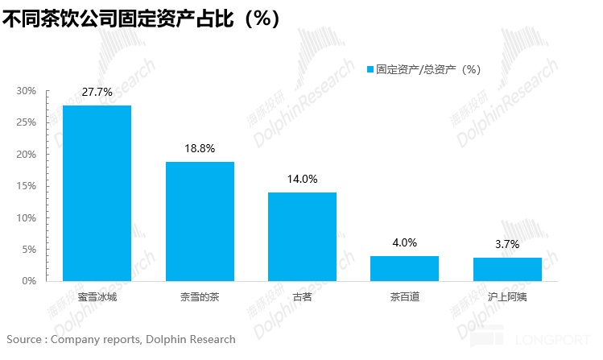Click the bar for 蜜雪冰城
pyautogui.click(x=97, y=193)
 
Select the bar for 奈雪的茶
pyautogui.click(x=200, y=221)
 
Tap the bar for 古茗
pyautogui.click(x=302, y=237)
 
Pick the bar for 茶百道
pyautogui.click(x=404, y=268)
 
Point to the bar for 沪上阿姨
pyautogui.click(x=507, y=269)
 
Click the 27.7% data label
pyautogui.click(x=97, y=93)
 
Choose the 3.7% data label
pyautogui.click(x=507, y=245)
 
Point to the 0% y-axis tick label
pyautogui.click(x=30, y=281)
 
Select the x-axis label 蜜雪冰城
pyautogui.click(x=97, y=296)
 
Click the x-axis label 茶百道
pyautogui.click(x=404, y=296)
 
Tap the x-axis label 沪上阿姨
pyautogui.click(x=507, y=296)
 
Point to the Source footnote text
pyautogui.click(x=121, y=339)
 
